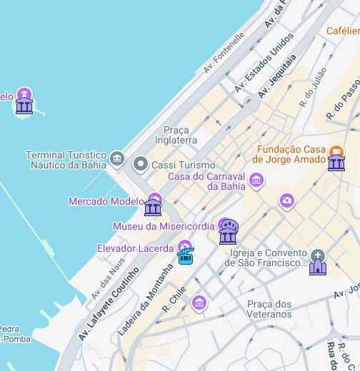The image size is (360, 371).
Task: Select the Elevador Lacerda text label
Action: coord(135,248)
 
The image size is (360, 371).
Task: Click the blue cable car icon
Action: coord(186,255)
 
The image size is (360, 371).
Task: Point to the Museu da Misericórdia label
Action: coord(164,226)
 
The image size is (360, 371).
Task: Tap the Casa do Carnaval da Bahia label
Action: coord(206,181)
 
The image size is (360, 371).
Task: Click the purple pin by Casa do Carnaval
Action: coord(257,183)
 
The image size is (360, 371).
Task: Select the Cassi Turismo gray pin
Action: coord(141,165)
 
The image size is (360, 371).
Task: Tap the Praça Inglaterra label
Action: coord(180,135)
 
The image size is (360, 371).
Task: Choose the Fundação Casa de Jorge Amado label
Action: coord(294,157)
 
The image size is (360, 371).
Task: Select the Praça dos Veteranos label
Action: coord(269,309)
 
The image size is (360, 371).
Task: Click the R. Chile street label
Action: coord(174,299)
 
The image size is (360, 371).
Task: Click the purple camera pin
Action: coord(287,200)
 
